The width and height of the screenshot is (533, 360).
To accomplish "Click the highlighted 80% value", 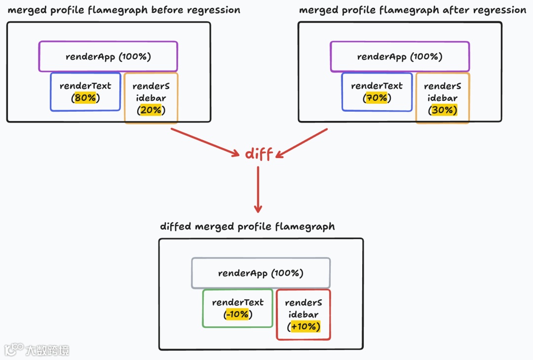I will [85, 98].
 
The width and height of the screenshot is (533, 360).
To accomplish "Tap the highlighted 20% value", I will [151, 110].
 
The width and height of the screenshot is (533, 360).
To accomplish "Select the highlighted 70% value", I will [377, 98].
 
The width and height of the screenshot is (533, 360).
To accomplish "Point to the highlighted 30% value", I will [443, 110].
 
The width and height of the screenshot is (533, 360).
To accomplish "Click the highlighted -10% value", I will [237, 315].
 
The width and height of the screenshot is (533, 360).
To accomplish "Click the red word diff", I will [259, 154].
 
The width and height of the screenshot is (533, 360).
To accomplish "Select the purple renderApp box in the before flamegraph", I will [108, 56].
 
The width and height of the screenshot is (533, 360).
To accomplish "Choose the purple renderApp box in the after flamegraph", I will [400, 56].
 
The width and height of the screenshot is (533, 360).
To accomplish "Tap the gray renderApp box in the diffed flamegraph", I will [261, 273].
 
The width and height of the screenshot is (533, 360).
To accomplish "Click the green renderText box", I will [237, 308].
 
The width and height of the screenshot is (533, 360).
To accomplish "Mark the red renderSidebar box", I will [304, 315].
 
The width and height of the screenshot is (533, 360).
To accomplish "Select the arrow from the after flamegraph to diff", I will [301, 143].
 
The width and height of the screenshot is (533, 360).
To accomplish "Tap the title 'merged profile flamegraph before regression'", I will [124, 10].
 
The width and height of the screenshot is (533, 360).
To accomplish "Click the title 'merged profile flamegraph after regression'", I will [413, 10].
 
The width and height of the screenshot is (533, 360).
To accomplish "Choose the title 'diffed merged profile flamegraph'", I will [247, 227].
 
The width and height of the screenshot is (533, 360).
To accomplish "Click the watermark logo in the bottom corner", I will [14, 350].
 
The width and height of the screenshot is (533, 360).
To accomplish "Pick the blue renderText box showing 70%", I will [377, 91].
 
